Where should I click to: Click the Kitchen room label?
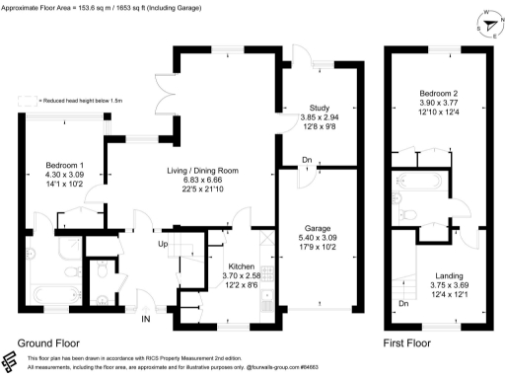click(242, 266)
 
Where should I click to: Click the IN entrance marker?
click(147, 318)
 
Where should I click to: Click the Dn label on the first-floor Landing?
click(403, 304)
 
